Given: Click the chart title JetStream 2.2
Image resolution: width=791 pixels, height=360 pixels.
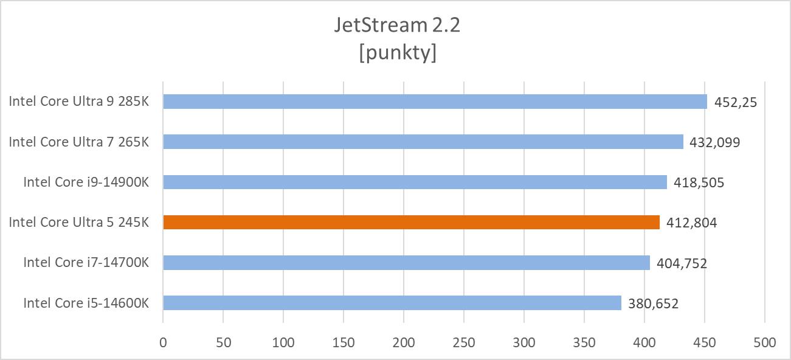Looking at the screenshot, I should pyautogui.click(x=398, y=25).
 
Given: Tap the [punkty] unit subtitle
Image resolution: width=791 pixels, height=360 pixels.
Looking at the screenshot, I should pyautogui.click(x=398, y=52).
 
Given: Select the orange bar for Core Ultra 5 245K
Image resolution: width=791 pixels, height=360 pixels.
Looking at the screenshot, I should pyautogui.click(x=411, y=223).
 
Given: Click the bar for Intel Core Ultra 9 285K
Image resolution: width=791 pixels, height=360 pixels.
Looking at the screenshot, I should pyautogui.click(x=435, y=102).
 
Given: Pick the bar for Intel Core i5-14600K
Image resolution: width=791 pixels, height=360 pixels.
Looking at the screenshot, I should pyautogui.click(x=392, y=303).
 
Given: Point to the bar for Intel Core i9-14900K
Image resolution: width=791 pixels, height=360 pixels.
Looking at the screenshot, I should pyautogui.click(x=415, y=182).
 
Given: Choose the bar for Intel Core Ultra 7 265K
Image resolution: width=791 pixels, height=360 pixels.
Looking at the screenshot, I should pyautogui.click(x=423, y=142).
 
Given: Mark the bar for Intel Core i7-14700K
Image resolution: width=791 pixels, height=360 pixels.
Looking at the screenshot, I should pyautogui.click(x=406, y=263).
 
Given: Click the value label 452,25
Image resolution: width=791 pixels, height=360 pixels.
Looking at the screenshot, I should pyautogui.click(x=734, y=102).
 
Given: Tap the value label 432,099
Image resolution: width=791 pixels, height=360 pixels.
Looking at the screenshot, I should pyautogui.click(x=714, y=142).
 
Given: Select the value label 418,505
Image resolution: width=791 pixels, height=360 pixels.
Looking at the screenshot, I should pyautogui.click(x=699, y=182).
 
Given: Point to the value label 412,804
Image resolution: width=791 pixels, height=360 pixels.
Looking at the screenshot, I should pyautogui.click(x=691, y=223).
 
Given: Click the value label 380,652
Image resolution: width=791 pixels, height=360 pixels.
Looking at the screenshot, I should pyautogui.click(x=653, y=303).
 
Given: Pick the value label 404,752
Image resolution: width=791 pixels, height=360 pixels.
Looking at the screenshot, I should pyautogui.click(x=682, y=263).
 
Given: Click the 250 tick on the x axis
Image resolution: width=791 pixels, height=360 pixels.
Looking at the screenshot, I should pyautogui.click(x=464, y=342).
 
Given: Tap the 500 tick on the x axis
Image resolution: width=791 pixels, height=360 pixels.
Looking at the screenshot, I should pyautogui.click(x=765, y=342).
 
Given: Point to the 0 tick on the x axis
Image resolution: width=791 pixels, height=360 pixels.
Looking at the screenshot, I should pyautogui.click(x=163, y=342).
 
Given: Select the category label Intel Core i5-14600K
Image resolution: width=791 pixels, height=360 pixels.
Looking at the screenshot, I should pyautogui.click(x=86, y=303).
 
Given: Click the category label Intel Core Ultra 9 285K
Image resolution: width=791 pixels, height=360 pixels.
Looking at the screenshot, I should pyautogui.click(x=78, y=102).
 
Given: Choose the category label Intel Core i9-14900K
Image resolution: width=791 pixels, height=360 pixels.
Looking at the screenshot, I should pyautogui.click(x=86, y=182).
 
